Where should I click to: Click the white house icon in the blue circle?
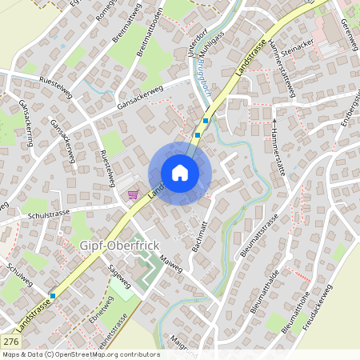[x=180, y=173]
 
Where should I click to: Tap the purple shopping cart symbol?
[x=132, y=194]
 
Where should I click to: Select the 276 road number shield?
[x=10, y=342]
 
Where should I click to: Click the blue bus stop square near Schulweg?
[x=53, y=296]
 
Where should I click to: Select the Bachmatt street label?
[x=200, y=236]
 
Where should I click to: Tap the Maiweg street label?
[x=171, y=263]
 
